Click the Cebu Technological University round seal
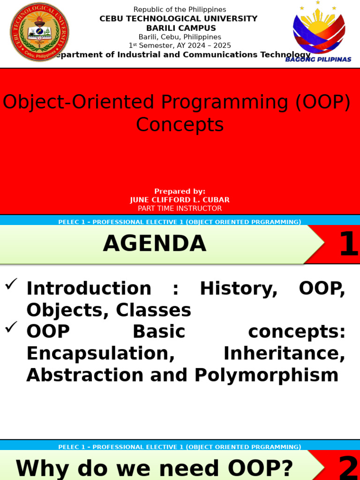(39, 32)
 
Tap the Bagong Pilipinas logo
(318, 31)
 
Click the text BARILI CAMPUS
(181, 28)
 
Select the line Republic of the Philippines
(180, 9)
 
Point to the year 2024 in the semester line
(196, 45)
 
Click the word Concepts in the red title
(180, 125)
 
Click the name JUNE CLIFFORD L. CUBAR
(180, 200)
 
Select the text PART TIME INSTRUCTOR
(180, 209)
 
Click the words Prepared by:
(180, 191)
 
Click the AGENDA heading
(155, 244)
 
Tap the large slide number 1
(349, 244)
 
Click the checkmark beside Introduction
(11, 284)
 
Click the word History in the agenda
(239, 289)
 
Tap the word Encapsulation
(101, 354)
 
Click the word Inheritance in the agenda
(285, 353)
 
